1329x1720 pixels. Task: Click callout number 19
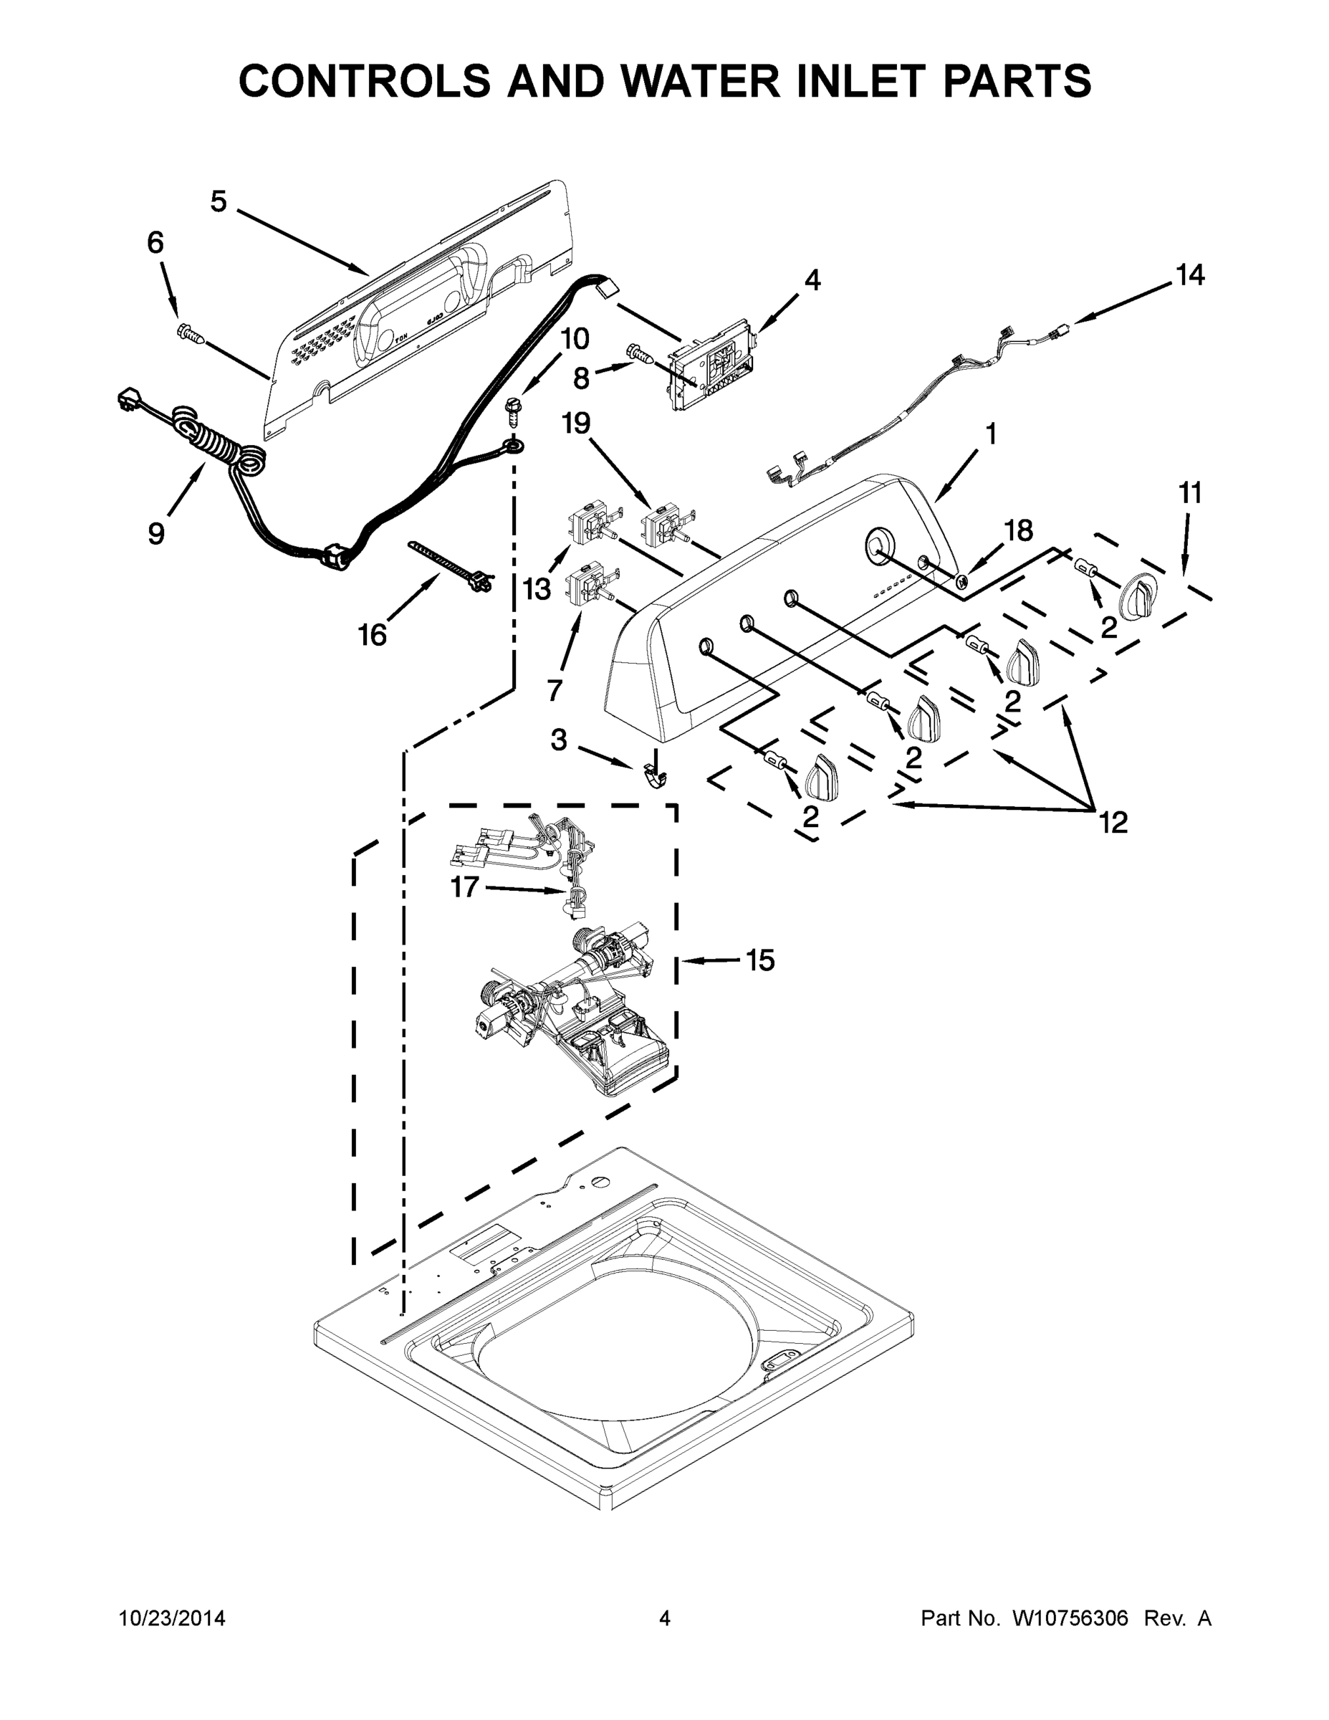[575, 424]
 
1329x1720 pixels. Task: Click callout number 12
[1113, 822]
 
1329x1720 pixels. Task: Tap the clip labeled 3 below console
[654, 774]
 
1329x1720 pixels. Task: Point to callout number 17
[464, 887]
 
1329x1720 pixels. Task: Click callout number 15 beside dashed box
[759, 960]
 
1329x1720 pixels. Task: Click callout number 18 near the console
[1019, 531]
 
